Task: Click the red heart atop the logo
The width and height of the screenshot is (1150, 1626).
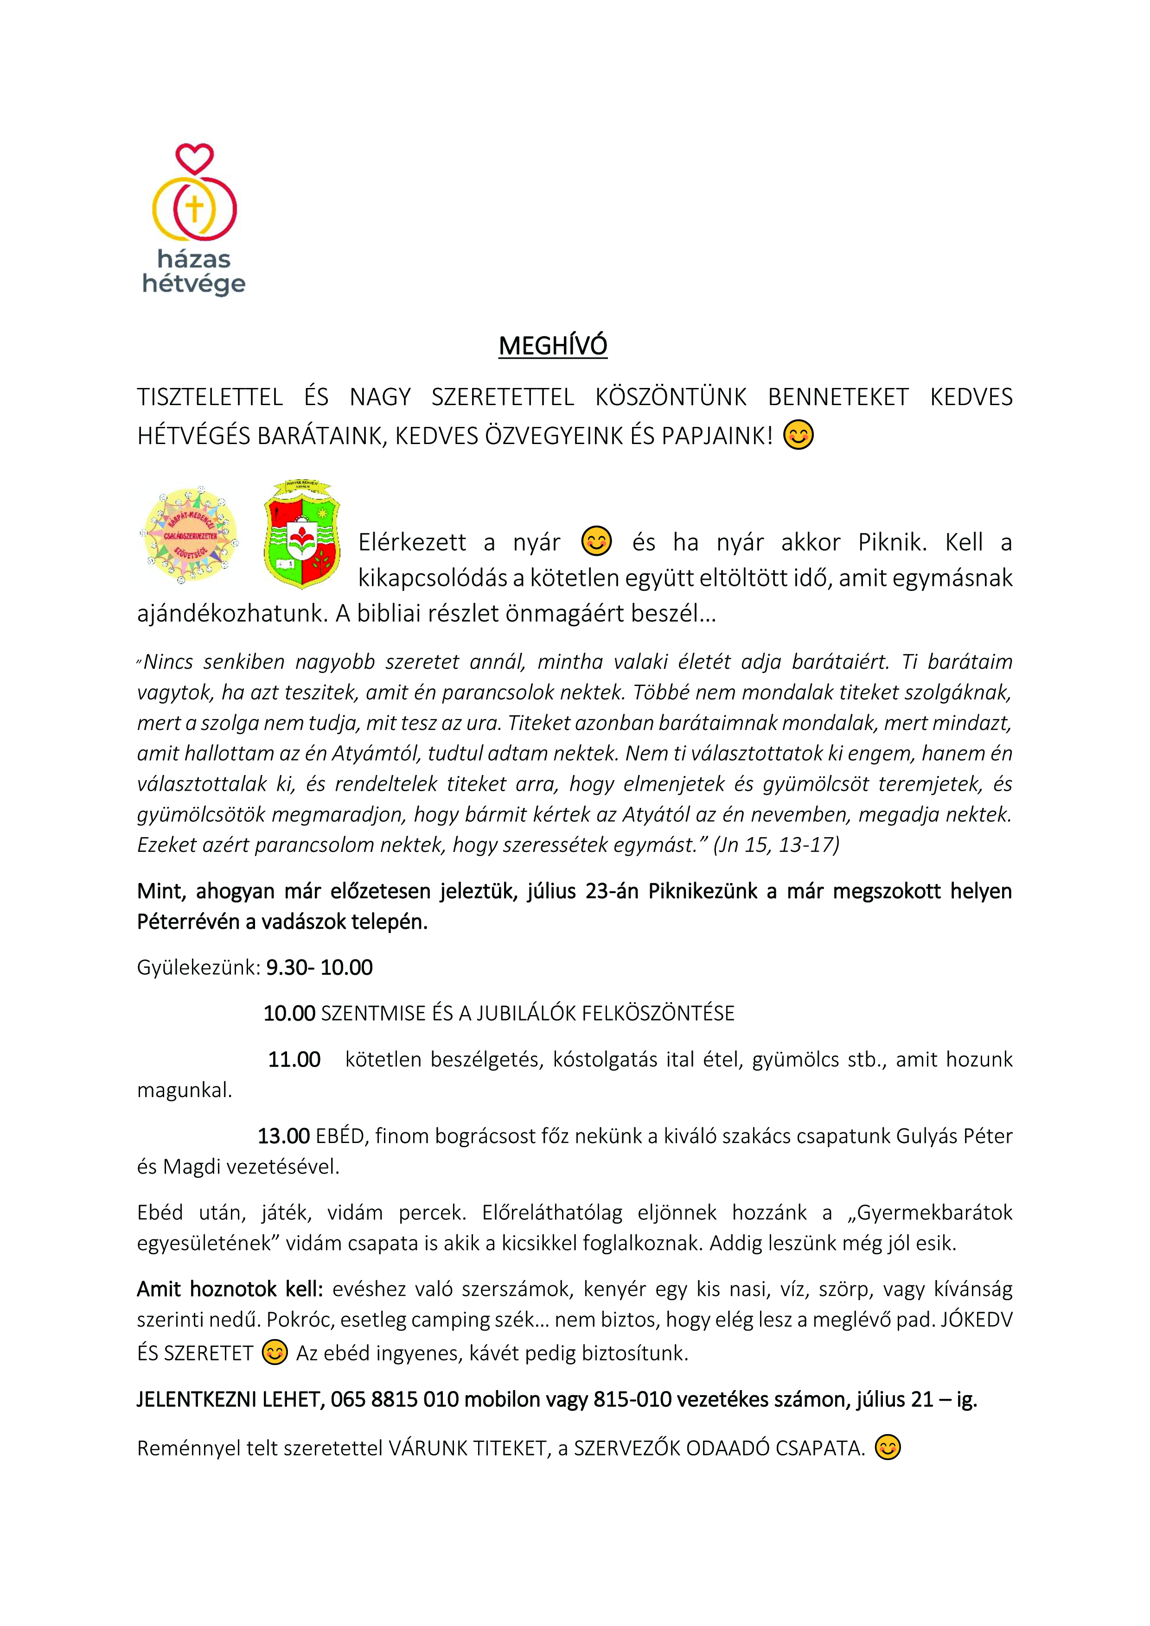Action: [x=194, y=159]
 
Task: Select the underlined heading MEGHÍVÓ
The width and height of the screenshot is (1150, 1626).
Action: [x=553, y=346]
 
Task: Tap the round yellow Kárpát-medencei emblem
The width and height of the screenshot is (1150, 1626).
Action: [x=189, y=535]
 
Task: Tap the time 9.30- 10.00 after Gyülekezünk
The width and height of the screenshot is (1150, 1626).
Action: [x=319, y=967]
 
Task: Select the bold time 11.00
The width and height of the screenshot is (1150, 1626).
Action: [x=294, y=1060]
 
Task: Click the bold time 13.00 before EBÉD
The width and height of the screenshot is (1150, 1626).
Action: [x=283, y=1136]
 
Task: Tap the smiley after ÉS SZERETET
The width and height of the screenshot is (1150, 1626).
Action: [x=274, y=1353]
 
